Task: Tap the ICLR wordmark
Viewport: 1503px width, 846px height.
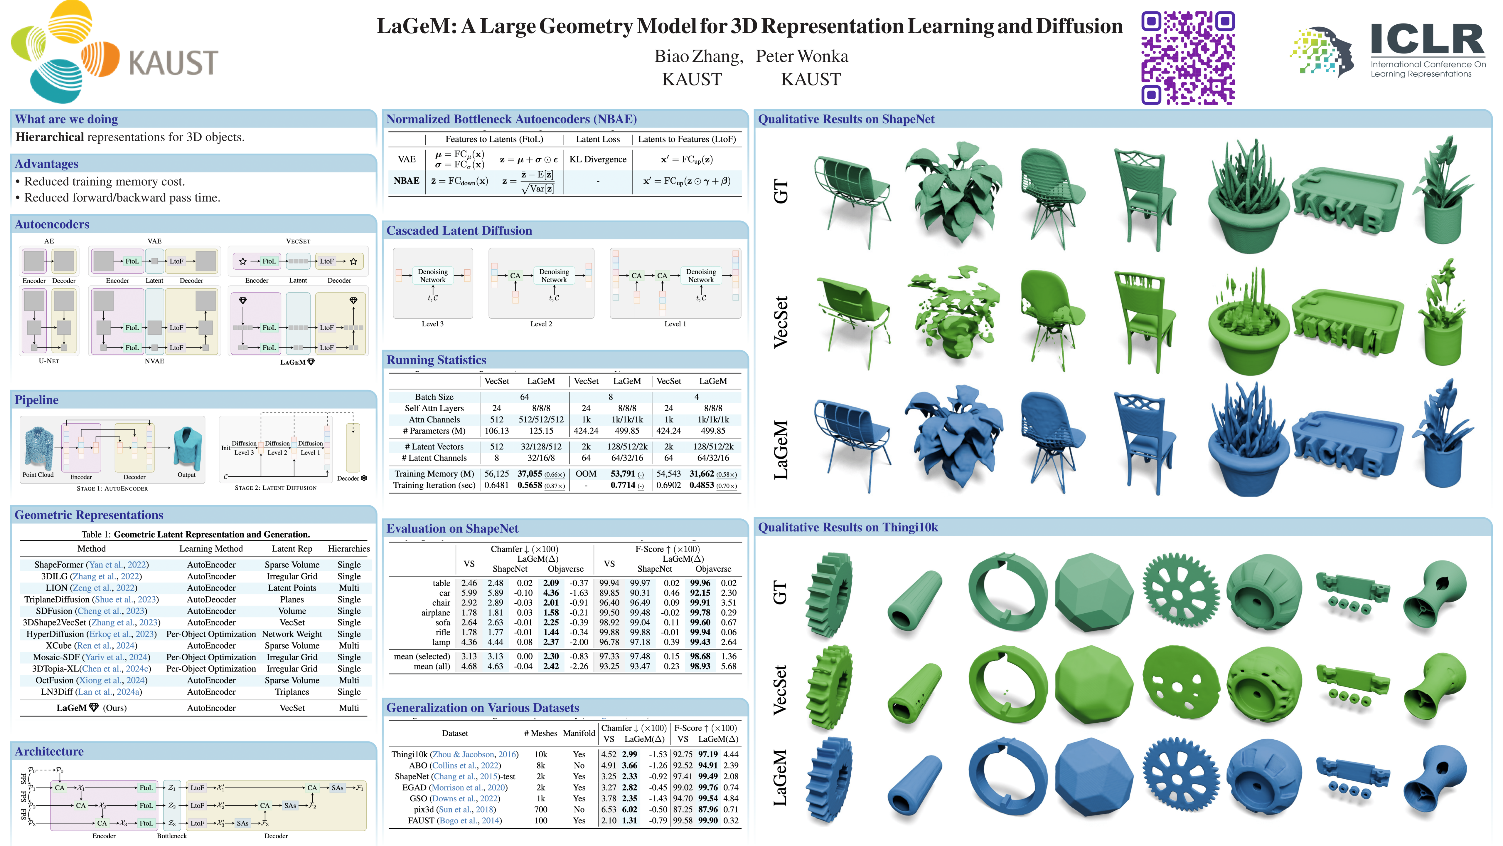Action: pyautogui.click(x=1427, y=40)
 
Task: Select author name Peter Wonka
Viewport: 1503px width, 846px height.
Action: pyautogui.click(x=802, y=57)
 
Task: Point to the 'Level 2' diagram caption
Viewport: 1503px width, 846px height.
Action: pyautogui.click(x=541, y=324)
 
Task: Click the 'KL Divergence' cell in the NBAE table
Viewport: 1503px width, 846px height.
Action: pyautogui.click(x=597, y=160)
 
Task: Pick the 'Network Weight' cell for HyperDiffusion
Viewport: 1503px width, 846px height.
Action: pyautogui.click(x=292, y=634)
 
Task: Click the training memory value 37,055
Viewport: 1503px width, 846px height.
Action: pyautogui.click(x=529, y=474)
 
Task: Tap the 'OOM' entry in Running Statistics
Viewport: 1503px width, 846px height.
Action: pyautogui.click(x=586, y=474)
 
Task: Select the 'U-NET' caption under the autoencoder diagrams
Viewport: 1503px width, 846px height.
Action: pyautogui.click(x=49, y=361)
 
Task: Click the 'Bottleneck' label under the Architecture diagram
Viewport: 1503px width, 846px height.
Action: pyautogui.click(x=171, y=836)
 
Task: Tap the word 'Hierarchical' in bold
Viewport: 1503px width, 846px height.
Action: pyautogui.click(x=50, y=137)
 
